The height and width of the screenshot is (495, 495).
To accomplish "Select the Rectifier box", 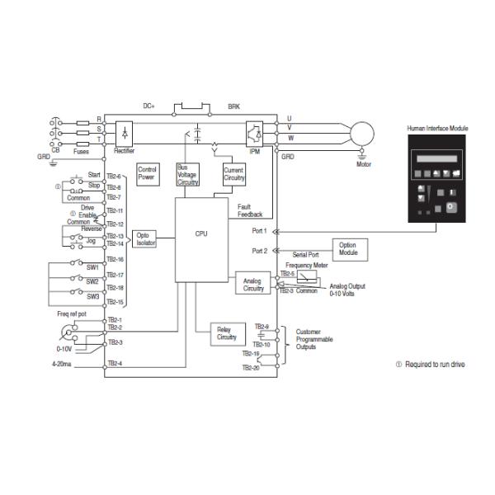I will (124, 133).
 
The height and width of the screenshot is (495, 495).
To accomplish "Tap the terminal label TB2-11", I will (114, 211).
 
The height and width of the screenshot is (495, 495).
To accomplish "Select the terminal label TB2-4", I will (114, 364).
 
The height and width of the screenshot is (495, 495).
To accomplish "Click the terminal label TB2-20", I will (251, 368).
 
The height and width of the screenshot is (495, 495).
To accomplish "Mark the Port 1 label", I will (259, 232).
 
